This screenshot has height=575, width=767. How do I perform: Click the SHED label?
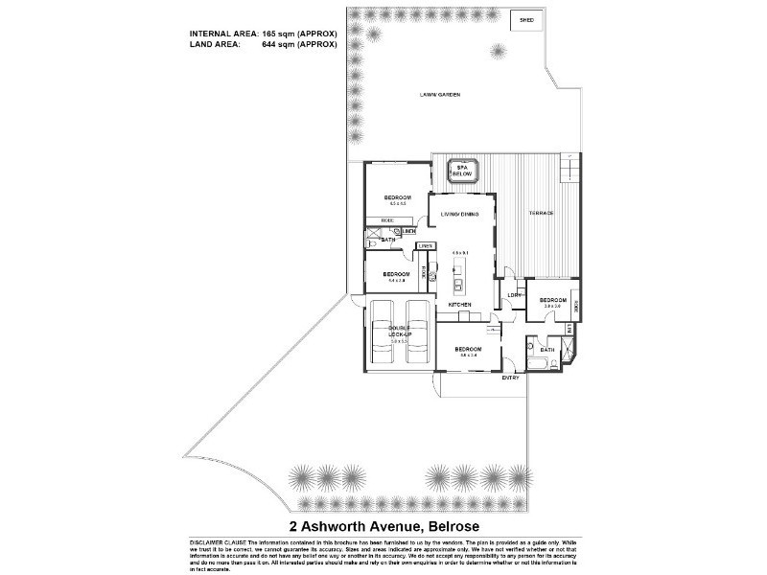click(526, 19)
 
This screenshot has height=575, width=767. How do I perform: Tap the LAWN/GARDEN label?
click(440, 95)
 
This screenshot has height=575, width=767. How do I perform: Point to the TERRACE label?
click(542, 213)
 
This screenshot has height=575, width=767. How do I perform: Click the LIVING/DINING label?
click(459, 214)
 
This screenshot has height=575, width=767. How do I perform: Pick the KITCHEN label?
click(460, 305)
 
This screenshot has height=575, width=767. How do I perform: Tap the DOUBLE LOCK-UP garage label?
click(399, 332)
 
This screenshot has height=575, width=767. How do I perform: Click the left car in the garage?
click(380, 332)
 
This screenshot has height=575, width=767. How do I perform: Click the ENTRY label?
click(510, 378)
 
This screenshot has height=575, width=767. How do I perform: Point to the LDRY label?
click(514, 294)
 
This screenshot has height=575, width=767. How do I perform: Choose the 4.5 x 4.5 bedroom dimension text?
click(397, 204)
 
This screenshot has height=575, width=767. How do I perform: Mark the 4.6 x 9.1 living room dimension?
click(459, 252)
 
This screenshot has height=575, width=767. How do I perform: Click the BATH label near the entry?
click(547, 350)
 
